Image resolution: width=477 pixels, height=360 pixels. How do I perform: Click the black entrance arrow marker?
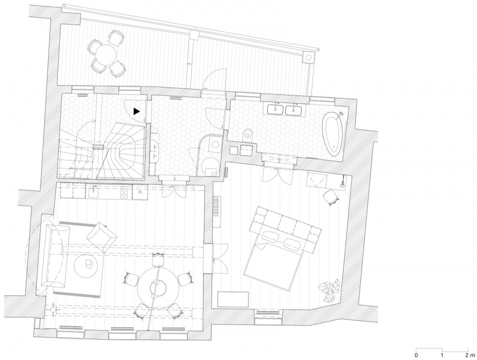point(136,112)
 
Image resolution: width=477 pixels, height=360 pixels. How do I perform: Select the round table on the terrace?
point(105,54)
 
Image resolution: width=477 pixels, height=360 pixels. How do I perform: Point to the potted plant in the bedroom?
point(329,290)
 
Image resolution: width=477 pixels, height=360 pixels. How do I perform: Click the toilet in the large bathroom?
point(247,135)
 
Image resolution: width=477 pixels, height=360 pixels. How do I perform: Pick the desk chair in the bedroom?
point(331,197)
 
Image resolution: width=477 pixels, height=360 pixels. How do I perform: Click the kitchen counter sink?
point(93,191)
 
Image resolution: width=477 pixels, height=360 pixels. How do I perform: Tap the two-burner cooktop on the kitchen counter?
point(124,191)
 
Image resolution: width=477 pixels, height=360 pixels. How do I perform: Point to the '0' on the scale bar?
point(416,355)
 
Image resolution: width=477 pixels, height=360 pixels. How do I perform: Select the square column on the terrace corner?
point(308,57)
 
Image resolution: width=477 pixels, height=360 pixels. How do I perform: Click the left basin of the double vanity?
point(276,109)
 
